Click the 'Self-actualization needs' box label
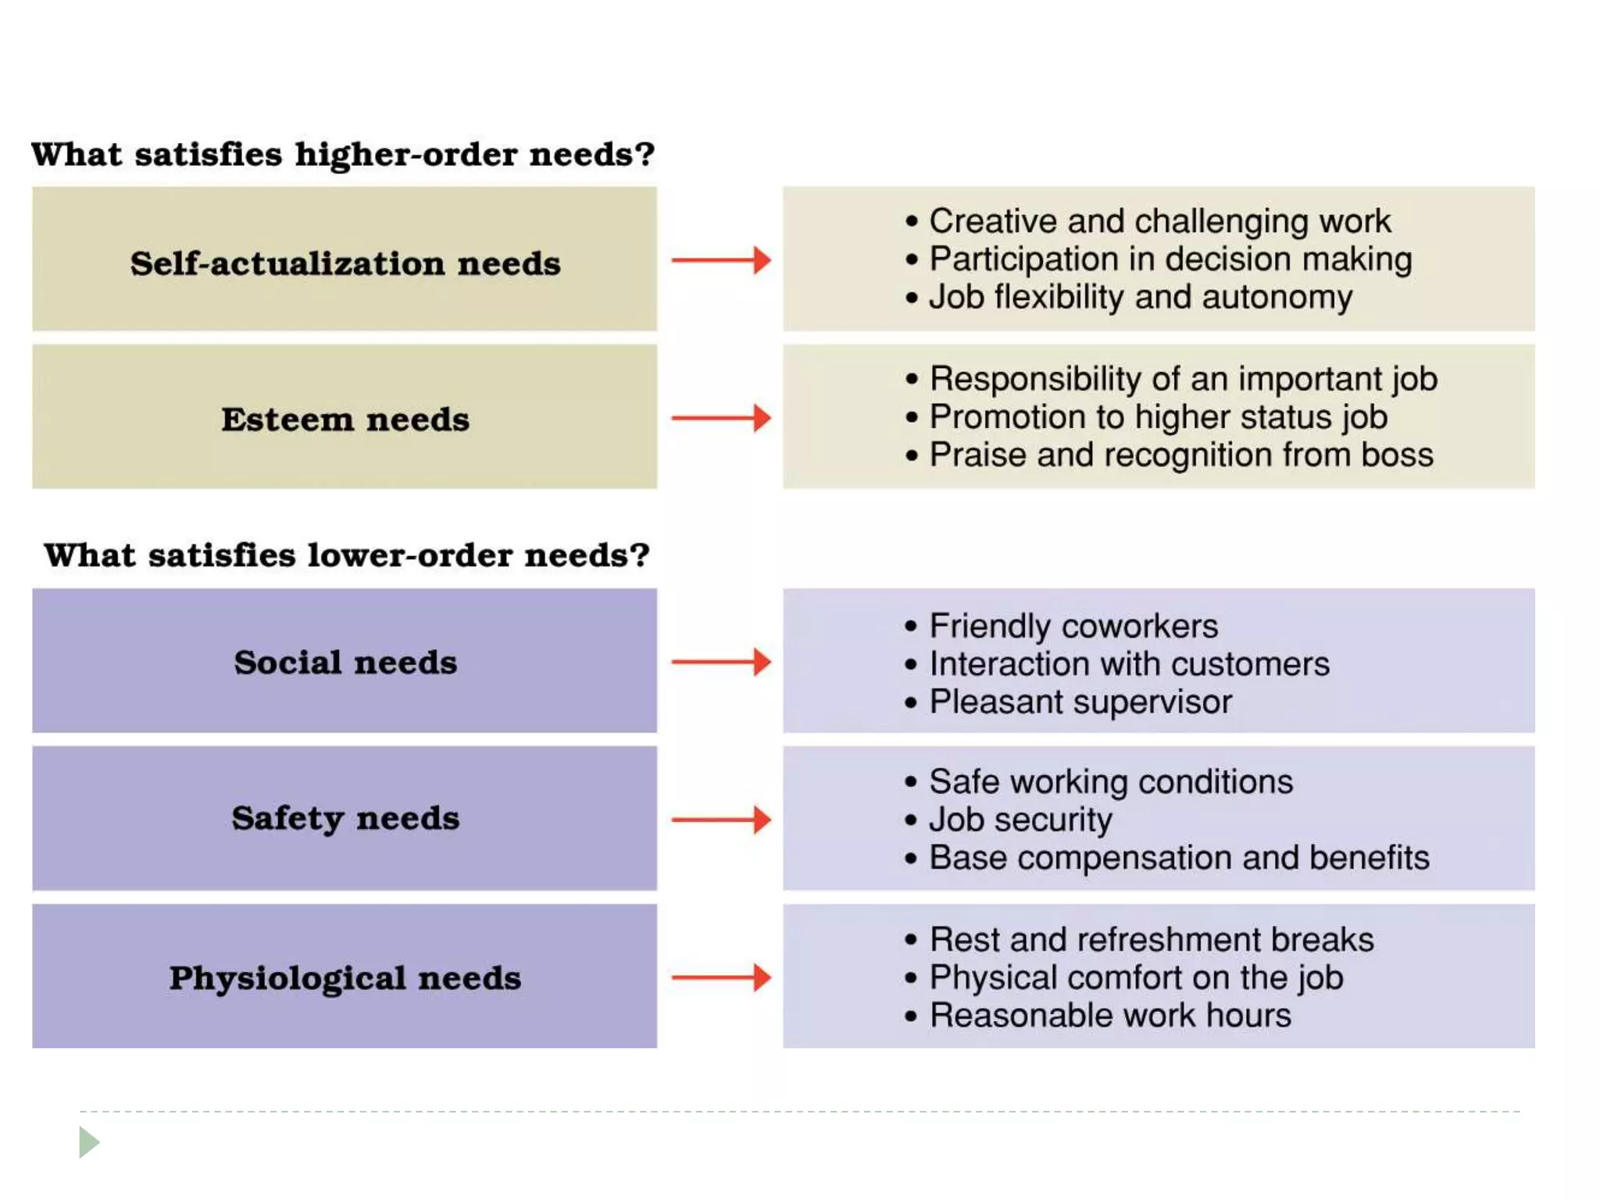click(345, 263)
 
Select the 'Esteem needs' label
click(345, 420)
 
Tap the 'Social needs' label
click(345, 662)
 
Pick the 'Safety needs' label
click(345, 819)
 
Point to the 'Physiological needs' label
click(345, 978)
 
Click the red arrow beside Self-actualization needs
click(721, 260)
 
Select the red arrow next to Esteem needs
click(721, 418)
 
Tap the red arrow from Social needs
click(721, 662)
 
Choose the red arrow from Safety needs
click(721, 820)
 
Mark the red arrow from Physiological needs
click(721, 977)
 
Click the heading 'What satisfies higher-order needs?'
click(342, 154)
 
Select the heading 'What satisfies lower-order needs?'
click(346, 555)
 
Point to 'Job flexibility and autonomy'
click(1140, 298)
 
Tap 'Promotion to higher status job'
click(1158, 417)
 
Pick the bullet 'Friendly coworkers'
click(1073, 626)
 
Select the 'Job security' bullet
click(1020, 820)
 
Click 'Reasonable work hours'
click(1109, 1016)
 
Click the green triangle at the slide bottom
click(88, 1142)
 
